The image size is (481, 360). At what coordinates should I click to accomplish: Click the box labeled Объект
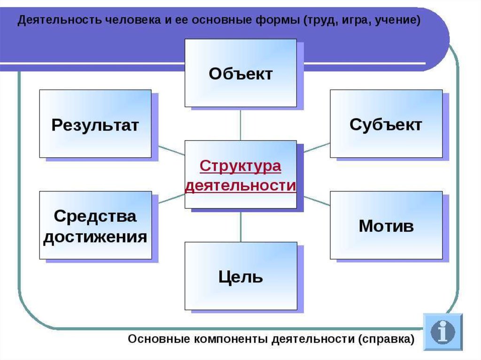240,73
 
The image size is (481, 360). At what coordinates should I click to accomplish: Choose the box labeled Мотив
386,225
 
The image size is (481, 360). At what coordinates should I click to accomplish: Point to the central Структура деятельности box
240,175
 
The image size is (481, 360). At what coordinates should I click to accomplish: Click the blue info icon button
442,332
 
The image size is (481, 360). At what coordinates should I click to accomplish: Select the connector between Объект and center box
240,124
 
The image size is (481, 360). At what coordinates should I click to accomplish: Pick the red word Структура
240,166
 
